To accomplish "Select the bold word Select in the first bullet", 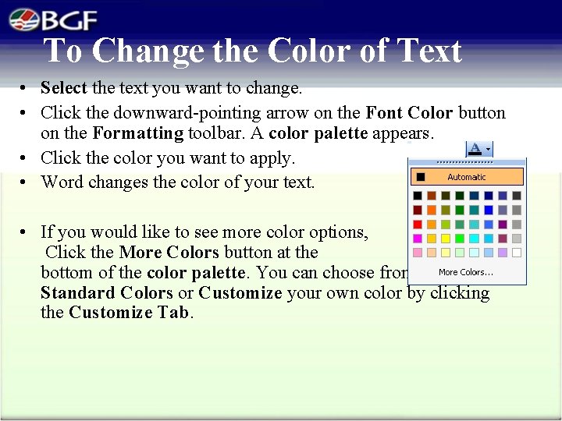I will click(64, 88).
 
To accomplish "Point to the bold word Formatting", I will click(137, 133).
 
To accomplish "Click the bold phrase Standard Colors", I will click(106, 293).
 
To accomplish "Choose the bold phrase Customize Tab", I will click(130, 313).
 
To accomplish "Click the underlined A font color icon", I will click(475, 147).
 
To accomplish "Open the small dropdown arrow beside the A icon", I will click(488, 148).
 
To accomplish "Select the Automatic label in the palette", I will click(467, 177).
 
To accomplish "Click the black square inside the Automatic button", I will click(421, 177).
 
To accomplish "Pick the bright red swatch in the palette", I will click(418, 225).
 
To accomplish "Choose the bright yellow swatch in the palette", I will click(446, 239).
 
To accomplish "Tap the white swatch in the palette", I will click(516, 253).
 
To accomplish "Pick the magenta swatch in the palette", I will click(418, 239).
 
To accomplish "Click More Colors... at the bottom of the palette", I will click(466, 272).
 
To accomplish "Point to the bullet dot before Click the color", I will click(25, 158).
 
